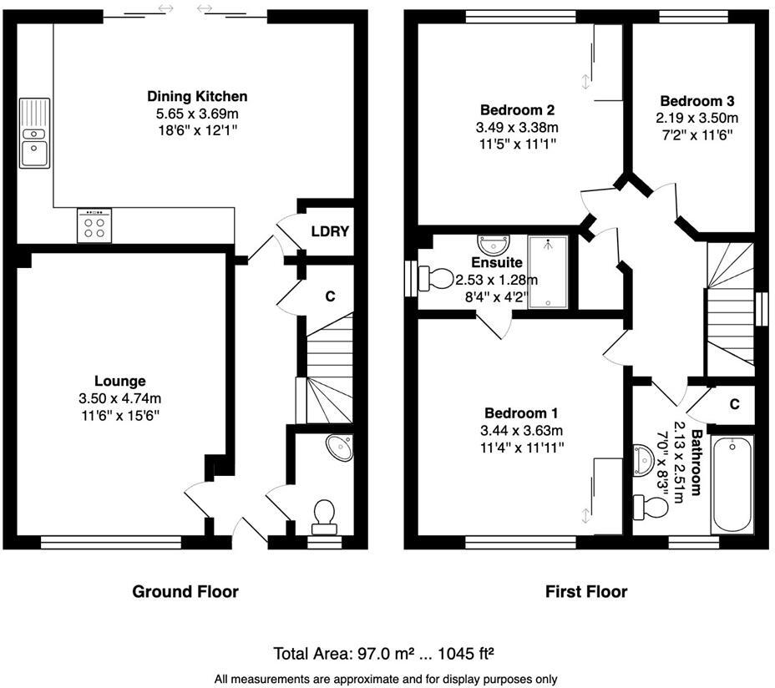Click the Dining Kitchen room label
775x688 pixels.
pyautogui.click(x=197, y=96)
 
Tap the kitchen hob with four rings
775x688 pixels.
pyautogui.click(x=94, y=225)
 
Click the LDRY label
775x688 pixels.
pyautogui.click(x=330, y=231)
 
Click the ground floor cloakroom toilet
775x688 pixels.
pyautogui.click(x=324, y=514)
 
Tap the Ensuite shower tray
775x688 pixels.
pyautogui.click(x=548, y=272)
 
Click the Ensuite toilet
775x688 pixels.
pyautogui.click(x=437, y=278)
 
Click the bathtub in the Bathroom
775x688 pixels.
pyautogui.click(x=732, y=484)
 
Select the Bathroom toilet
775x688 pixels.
pyautogui.click(x=647, y=505)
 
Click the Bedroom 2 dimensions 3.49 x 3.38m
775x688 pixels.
pyautogui.click(x=518, y=127)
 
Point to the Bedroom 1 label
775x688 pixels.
pyautogui.click(x=522, y=413)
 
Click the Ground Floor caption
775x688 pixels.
pyautogui.click(x=185, y=592)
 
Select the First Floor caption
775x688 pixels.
pyautogui.click(x=586, y=592)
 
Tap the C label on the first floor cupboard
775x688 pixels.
pyautogui.click(x=734, y=404)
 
